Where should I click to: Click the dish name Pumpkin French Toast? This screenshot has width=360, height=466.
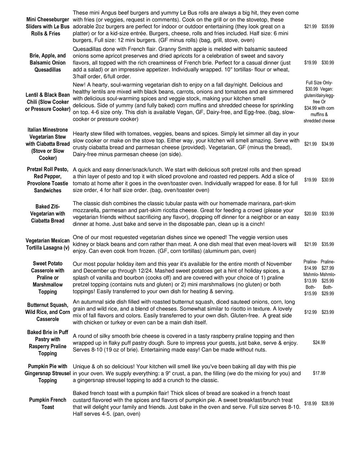tap(48, 403)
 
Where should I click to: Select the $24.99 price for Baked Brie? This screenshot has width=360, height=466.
tap(319, 342)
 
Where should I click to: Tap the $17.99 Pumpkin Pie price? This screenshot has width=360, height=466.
tap(319, 373)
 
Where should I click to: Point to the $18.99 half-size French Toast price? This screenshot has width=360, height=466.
tap(310, 404)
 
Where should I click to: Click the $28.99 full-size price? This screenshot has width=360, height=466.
tap(328, 404)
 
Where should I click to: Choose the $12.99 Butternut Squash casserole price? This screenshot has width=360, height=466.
tap(310, 312)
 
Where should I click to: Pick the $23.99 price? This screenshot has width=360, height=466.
tap(328, 312)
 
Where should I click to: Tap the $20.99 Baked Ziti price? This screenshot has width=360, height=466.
tap(310, 214)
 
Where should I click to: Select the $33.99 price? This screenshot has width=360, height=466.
tap(328, 214)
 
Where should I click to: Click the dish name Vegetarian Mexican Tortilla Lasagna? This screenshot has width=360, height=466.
tap(48, 244)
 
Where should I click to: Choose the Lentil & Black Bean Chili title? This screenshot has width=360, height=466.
tap(48, 102)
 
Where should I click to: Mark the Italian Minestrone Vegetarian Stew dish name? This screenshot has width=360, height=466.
tap(48, 144)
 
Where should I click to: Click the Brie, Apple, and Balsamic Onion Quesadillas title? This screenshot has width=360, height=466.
tap(48, 63)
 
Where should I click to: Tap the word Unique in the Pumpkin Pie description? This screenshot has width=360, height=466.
tap(82, 366)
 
